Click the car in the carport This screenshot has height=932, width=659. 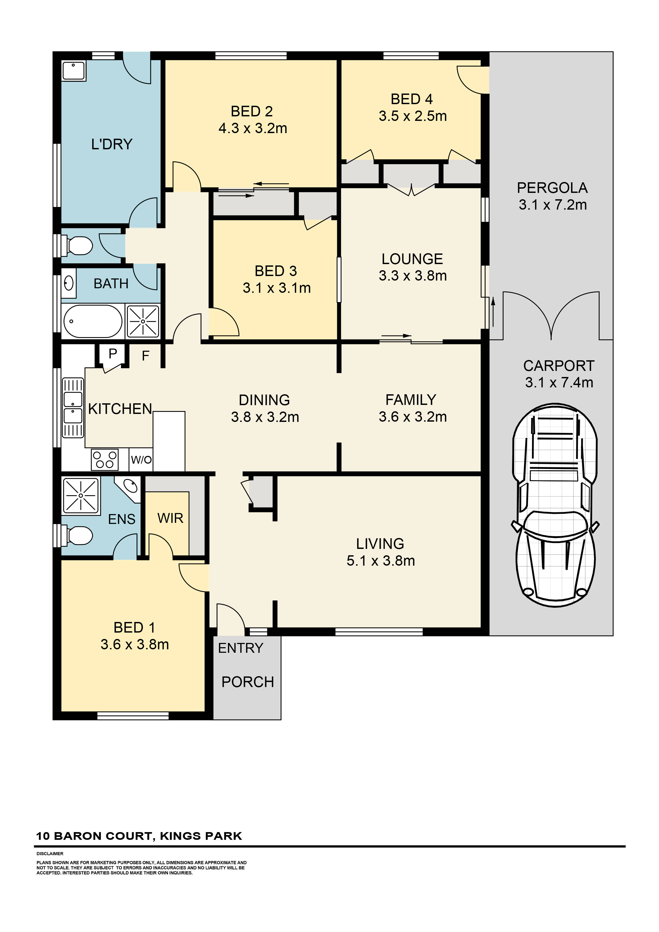point(555,505)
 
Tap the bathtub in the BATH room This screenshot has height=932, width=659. point(93,321)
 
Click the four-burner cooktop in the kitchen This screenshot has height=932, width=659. point(105,460)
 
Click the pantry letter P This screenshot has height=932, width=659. point(113,354)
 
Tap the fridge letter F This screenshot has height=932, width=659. point(145,356)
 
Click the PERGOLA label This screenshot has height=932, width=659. point(552,188)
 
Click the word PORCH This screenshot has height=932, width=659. point(248,682)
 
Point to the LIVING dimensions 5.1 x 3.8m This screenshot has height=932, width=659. point(381,561)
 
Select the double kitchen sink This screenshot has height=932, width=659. point(73,408)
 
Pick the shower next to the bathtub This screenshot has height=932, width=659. point(143,321)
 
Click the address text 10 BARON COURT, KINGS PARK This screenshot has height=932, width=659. point(139,836)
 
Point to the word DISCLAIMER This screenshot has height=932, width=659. point(50,854)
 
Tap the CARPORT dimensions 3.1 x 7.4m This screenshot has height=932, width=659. point(559,382)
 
